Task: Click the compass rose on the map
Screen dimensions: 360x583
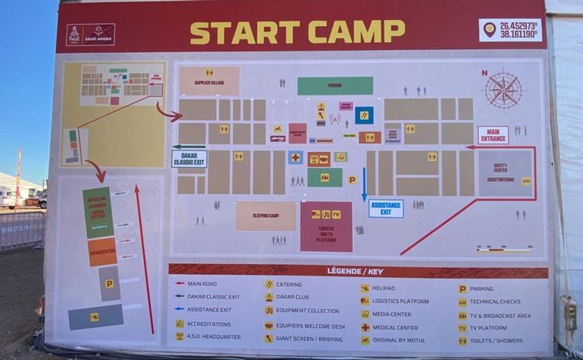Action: point(503,91)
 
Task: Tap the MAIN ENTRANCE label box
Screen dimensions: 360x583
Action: point(492,136)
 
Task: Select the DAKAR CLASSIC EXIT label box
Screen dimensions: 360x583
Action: point(189,159)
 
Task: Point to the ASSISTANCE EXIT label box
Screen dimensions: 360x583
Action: point(386,208)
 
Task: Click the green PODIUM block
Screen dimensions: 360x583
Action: point(335,86)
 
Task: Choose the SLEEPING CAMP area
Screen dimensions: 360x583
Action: point(265,216)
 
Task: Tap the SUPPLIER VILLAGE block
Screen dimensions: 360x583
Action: point(209,81)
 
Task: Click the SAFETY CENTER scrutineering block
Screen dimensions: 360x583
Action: point(505,172)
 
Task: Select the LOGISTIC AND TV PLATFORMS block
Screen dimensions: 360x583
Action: point(326,227)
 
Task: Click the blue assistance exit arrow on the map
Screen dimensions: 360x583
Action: point(364,184)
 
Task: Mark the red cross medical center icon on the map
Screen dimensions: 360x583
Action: point(295,157)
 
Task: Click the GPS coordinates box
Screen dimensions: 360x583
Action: point(511,30)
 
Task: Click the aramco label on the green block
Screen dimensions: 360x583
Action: point(100,227)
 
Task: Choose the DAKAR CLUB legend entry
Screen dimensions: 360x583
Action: point(287,297)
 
